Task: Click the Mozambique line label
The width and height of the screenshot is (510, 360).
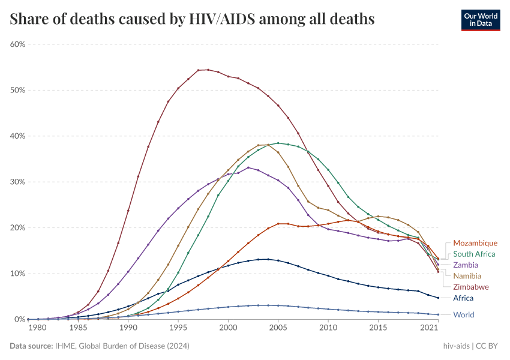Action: [475, 243]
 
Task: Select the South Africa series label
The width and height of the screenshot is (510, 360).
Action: [474, 254]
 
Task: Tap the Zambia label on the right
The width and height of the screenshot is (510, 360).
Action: [466, 265]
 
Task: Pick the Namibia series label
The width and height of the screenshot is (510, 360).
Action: [467, 275]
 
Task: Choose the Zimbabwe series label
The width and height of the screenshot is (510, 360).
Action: [471, 287]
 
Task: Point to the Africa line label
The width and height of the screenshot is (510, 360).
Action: [463, 298]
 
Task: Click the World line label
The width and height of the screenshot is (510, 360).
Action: [464, 314]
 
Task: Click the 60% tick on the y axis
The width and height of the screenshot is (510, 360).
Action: [17, 44]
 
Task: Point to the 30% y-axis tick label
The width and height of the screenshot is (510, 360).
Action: [17, 182]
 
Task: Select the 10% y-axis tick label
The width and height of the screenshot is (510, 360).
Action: [17, 274]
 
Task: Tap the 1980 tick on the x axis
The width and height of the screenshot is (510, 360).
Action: [37, 328]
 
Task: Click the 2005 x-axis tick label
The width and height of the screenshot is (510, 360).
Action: [278, 328]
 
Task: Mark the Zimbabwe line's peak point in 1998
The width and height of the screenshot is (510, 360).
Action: [208, 70]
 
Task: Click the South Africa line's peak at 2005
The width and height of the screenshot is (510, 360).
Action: [278, 143]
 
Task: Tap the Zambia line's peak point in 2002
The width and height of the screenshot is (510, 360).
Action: [248, 167]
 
